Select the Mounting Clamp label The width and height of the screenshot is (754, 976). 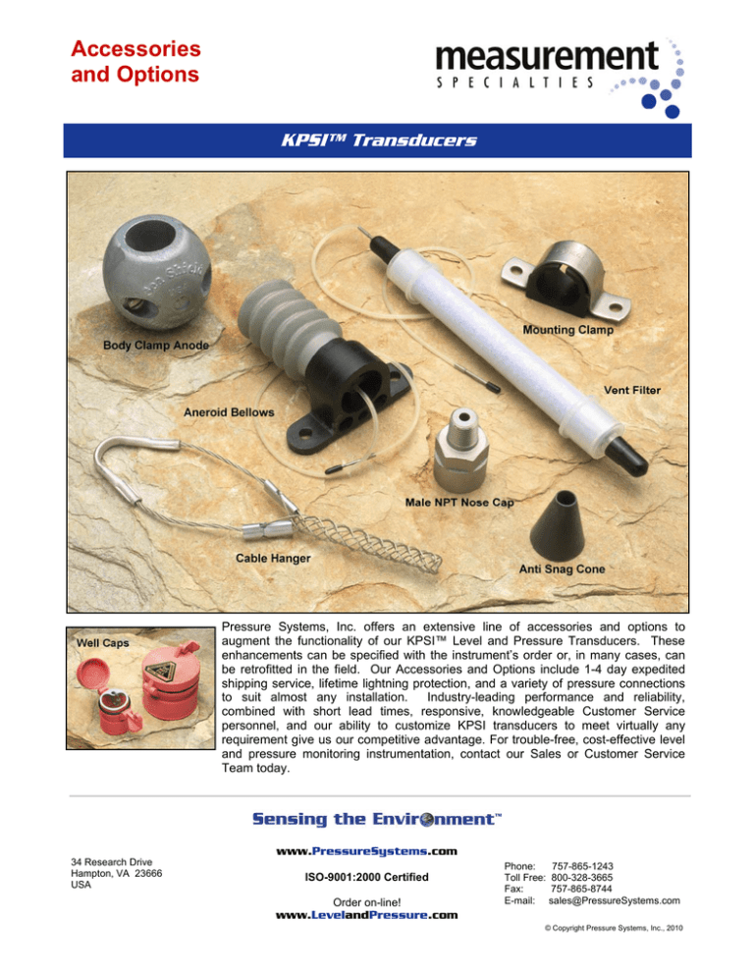pyautogui.click(x=567, y=330)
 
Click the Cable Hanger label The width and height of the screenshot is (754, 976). pyautogui.click(x=273, y=559)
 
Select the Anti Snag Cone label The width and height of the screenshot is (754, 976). pyautogui.click(x=561, y=568)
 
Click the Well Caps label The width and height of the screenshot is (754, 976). pyautogui.click(x=105, y=643)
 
